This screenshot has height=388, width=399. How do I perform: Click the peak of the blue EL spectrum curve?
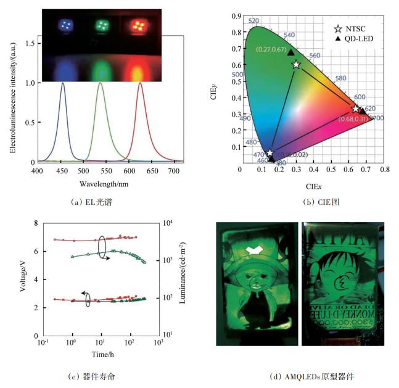(x=62, y=83)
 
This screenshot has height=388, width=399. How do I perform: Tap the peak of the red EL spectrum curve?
(x=140, y=83)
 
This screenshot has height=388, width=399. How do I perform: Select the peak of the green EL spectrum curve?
(x=101, y=83)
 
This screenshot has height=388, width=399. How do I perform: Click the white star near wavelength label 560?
(x=296, y=64)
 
